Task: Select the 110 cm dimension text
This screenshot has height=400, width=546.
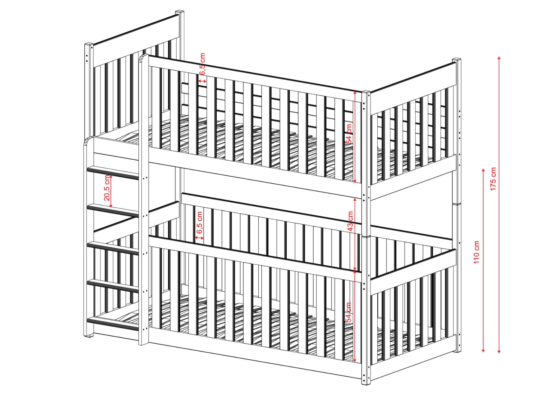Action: (476, 252)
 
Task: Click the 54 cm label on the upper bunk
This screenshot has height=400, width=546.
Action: (349, 134)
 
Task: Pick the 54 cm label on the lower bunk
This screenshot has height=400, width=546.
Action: (348, 312)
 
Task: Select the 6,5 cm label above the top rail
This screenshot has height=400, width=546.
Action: (202, 64)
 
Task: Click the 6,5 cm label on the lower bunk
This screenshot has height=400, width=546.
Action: (200, 222)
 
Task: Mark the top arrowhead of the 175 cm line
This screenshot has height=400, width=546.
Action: (499, 58)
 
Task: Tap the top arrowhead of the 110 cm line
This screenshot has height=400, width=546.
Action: (483, 170)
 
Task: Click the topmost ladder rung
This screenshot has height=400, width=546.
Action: (113, 172)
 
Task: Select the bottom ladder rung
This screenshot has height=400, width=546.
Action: (113, 323)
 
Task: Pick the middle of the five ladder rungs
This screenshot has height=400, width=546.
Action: (113, 248)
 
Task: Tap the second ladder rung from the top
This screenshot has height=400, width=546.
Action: (113, 210)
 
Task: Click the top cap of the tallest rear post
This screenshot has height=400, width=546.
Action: (180, 12)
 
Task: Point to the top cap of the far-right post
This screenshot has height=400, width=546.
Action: (457, 59)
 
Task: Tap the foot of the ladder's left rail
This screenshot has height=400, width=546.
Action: (88, 335)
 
